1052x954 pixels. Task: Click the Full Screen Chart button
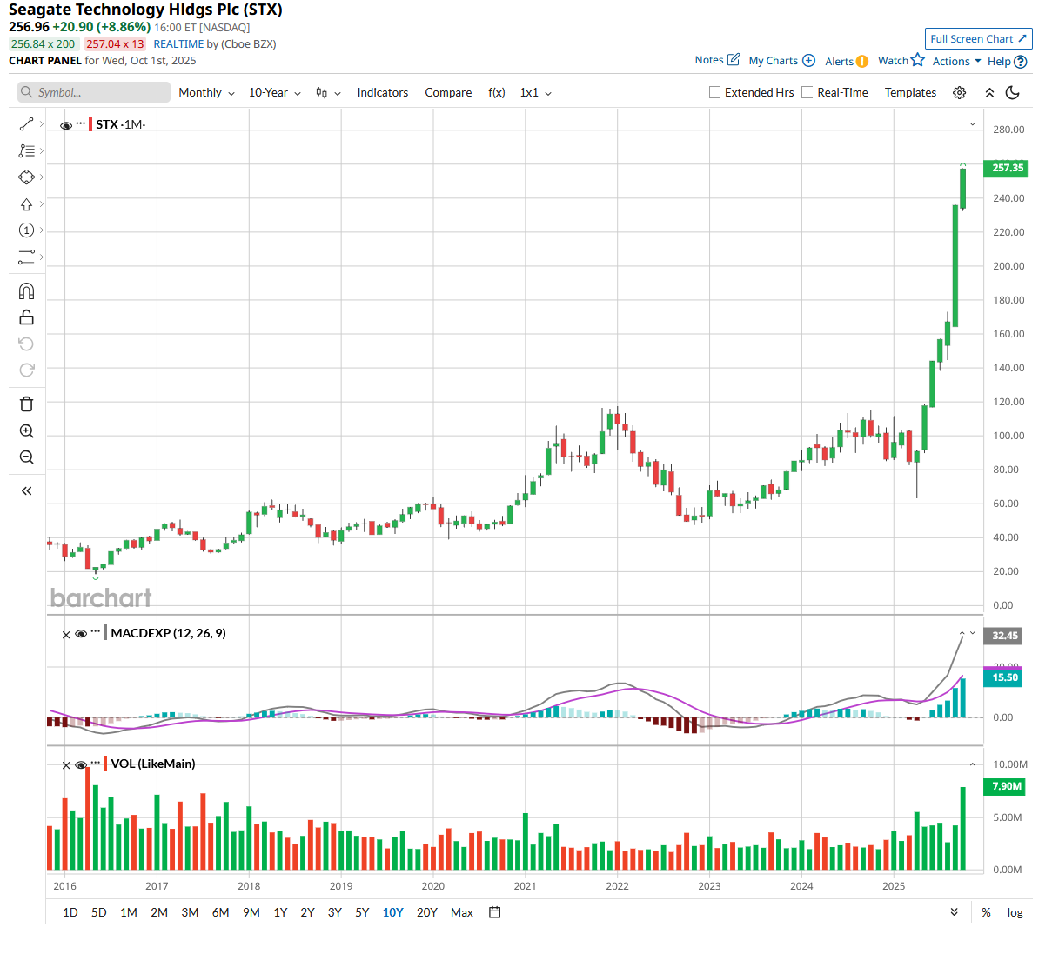click(978, 39)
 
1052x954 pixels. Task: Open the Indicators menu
click(382, 93)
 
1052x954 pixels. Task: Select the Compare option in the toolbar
click(448, 93)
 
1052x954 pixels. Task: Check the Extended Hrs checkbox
click(715, 93)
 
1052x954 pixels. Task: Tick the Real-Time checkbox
click(807, 93)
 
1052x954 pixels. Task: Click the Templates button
click(910, 93)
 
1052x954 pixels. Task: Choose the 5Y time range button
click(362, 912)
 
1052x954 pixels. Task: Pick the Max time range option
click(462, 912)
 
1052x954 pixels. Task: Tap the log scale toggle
click(1015, 912)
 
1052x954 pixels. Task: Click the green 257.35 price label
click(1006, 168)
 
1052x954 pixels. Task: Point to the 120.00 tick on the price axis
click(1008, 402)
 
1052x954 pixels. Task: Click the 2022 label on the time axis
click(617, 886)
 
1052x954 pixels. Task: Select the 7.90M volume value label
click(1006, 786)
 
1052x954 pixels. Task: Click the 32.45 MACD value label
click(1004, 636)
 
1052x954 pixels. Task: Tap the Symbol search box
click(94, 93)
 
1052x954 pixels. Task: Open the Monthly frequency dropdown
click(206, 93)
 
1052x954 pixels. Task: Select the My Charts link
click(781, 61)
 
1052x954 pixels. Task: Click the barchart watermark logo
click(101, 597)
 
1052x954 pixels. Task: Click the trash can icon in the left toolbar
click(27, 404)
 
